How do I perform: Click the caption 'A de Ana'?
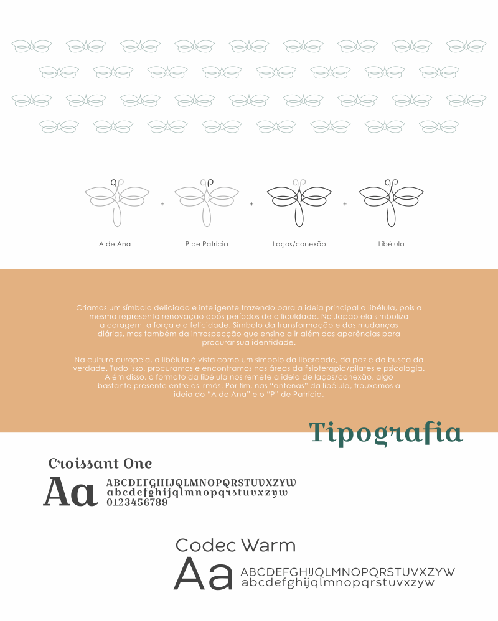point(115,244)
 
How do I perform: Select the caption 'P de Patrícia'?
point(207,244)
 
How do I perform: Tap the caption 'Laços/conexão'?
point(299,244)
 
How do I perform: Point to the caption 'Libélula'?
point(391,244)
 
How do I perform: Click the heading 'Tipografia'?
point(386,432)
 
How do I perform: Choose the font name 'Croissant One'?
point(100,464)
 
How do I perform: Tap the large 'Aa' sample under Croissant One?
point(70,492)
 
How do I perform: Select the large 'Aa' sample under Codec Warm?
point(203,574)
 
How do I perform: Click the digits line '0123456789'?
point(137,502)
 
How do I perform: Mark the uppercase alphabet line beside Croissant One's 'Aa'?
point(201,483)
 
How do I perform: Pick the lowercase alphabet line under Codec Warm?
point(337,583)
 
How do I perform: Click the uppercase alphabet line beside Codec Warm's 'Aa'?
point(347,572)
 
